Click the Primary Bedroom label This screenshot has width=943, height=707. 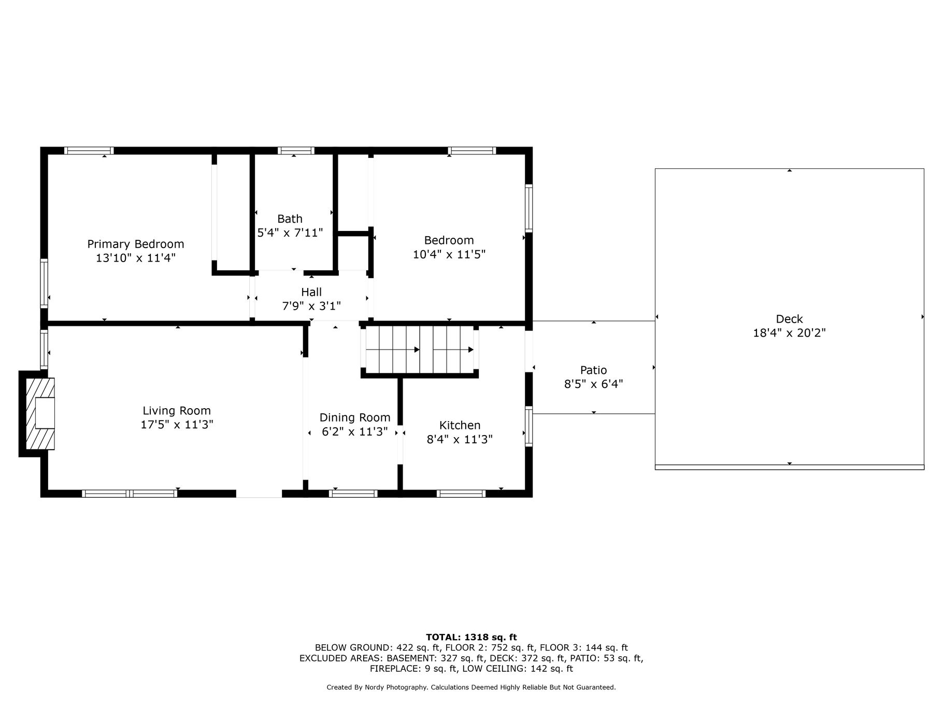[136, 244]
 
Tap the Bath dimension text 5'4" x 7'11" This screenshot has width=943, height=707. [290, 233]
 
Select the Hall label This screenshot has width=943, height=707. [311, 292]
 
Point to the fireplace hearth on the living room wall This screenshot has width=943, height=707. [40, 414]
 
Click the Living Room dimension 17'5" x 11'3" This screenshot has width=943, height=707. [177, 425]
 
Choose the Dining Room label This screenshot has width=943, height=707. [355, 417]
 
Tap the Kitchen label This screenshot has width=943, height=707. [460, 425]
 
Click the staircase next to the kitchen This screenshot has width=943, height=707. [420, 350]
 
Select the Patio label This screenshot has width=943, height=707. [593, 370]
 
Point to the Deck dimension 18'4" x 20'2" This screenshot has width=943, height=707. [789, 333]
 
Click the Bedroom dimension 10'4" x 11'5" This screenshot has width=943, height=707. [449, 254]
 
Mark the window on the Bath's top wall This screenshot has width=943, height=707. [296, 151]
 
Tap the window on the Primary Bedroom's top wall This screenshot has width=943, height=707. [89, 151]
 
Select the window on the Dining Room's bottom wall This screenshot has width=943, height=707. [353, 494]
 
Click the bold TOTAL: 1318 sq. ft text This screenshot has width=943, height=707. [472, 638]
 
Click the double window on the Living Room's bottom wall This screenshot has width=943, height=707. [130, 494]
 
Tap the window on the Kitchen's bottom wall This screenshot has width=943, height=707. [461, 494]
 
